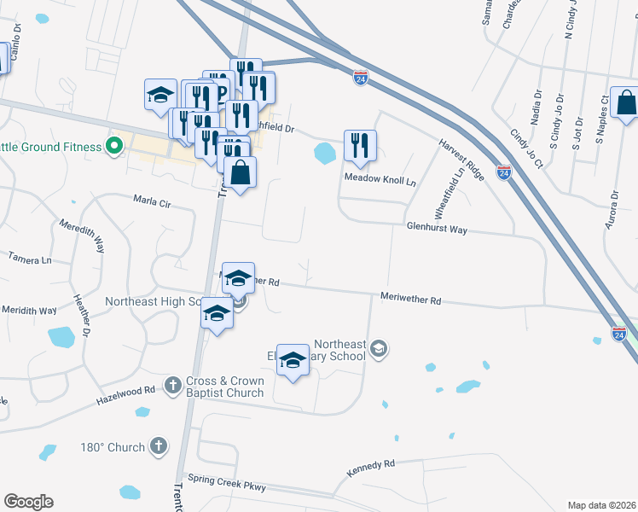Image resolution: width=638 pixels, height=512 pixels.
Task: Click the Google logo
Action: (x=28, y=502)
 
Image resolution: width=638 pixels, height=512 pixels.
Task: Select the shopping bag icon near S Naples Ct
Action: (x=626, y=105)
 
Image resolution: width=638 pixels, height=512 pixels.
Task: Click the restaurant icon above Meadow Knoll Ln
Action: (x=360, y=146)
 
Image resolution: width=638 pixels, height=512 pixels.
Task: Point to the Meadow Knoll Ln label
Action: (x=380, y=181)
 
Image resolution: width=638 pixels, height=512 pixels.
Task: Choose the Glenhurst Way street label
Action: (x=437, y=230)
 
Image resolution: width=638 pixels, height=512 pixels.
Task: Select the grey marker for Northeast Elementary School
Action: (x=380, y=348)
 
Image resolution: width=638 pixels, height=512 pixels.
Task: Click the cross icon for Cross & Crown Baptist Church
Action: (x=172, y=385)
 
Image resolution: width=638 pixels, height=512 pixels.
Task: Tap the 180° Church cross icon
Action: (x=158, y=445)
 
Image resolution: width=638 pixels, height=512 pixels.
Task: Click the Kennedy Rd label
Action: (x=371, y=468)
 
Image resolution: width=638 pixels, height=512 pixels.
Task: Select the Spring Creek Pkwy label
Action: (x=227, y=484)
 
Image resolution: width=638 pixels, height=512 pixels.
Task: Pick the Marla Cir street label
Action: (x=153, y=202)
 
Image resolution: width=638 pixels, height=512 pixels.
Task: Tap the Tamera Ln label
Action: (x=30, y=256)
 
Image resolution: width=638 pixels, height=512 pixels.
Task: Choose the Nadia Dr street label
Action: (x=536, y=108)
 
